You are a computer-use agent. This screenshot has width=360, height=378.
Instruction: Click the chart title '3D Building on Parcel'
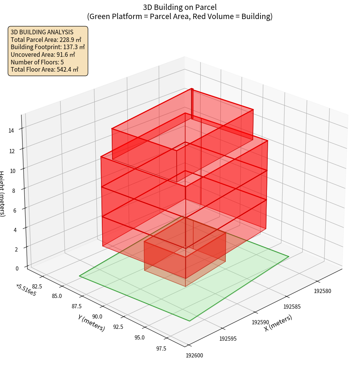coord(180,7)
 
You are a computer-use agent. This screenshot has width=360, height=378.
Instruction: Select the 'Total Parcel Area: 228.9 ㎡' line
coord(46,40)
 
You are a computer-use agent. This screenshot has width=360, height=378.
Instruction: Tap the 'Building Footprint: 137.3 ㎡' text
coord(48,47)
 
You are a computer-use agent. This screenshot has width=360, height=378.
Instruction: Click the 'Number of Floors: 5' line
coord(37,62)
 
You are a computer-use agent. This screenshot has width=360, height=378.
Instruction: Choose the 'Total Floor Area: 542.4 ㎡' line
coord(44,70)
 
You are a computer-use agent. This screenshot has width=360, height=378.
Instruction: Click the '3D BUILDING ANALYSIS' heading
coord(42,32)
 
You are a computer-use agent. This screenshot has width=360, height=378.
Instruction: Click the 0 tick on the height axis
coord(17,268)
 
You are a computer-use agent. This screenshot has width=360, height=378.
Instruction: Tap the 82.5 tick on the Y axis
coord(37,286)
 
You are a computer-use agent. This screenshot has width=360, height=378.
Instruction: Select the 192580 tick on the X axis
coord(323,291)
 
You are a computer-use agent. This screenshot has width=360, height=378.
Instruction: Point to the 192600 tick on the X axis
coord(194,356)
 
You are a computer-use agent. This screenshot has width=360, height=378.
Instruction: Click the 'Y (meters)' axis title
coord(91,322)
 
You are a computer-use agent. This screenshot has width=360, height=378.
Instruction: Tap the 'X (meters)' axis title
coord(278,323)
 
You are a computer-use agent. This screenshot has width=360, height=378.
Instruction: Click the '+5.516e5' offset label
coord(26,290)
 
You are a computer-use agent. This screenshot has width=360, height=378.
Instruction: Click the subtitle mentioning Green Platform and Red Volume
coord(180,16)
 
